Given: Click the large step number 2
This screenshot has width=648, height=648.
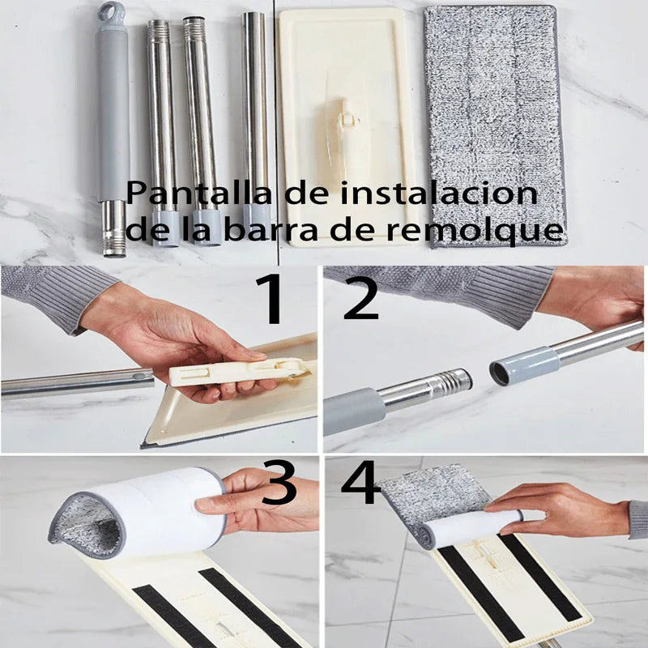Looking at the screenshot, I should [360, 299].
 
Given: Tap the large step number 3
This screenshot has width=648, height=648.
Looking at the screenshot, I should [279, 487].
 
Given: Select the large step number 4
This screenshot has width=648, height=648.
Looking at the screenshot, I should [361, 487].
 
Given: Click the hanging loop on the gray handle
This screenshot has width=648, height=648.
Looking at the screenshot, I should [112, 12].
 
